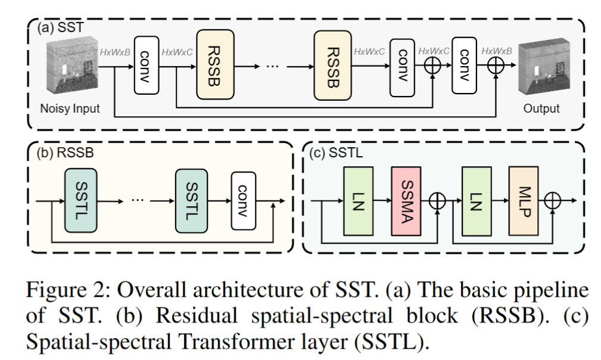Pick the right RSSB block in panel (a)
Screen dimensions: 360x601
pyautogui.click(x=332, y=64)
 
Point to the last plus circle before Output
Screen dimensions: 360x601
pyautogui.click(x=495, y=67)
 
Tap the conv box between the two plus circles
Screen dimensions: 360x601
pyautogui.click(x=465, y=64)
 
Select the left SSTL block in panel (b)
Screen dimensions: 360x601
pyautogui.click(x=80, y=200)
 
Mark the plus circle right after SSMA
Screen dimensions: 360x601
pyautogui.click(x=438, y=201)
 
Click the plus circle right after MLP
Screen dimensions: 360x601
pyautogui.click(x=554, y=201)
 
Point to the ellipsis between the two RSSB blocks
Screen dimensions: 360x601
pyautogui.click(x=273, y=65)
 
